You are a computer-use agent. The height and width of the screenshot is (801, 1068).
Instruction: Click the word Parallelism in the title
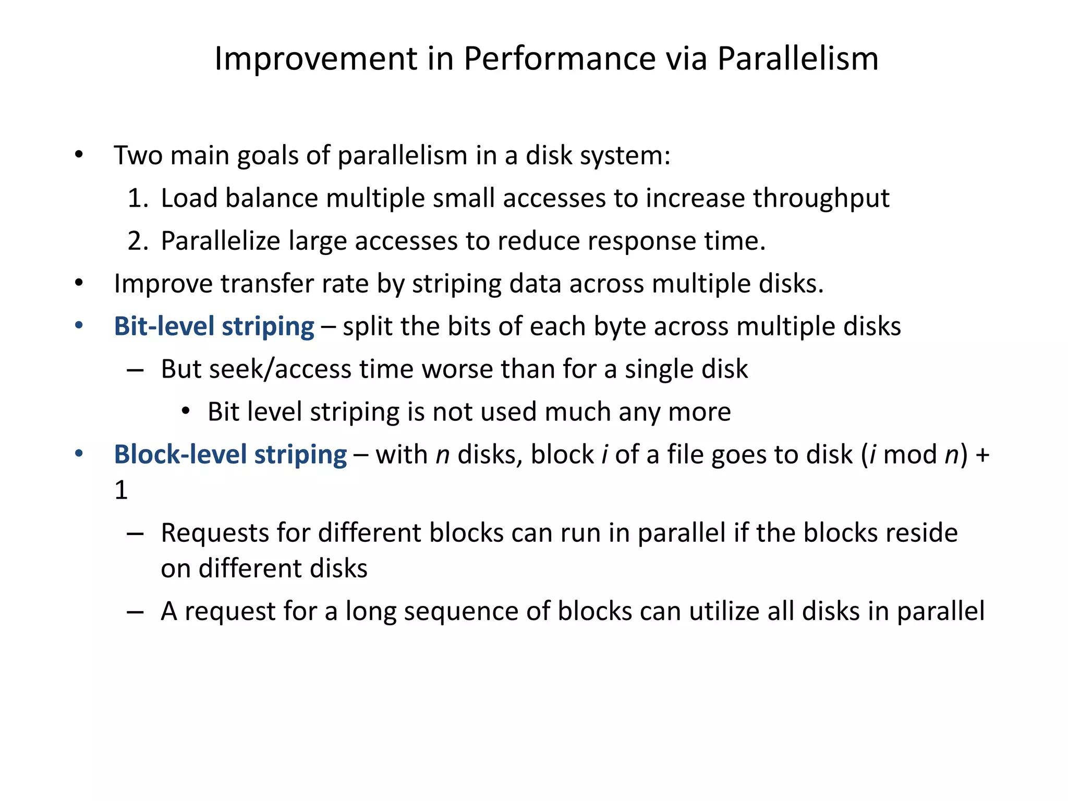798,58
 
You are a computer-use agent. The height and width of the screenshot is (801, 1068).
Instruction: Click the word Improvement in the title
316,58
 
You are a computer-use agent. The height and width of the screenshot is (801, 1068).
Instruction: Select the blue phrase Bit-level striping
214,327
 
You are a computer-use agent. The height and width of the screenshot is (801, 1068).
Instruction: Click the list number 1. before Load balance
138,199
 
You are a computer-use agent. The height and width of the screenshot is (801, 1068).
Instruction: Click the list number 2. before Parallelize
138,241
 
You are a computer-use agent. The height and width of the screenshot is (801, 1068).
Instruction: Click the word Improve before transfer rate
163,284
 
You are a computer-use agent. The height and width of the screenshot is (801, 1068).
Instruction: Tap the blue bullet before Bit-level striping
79,326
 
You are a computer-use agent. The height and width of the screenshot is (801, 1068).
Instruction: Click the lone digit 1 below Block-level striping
121,490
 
